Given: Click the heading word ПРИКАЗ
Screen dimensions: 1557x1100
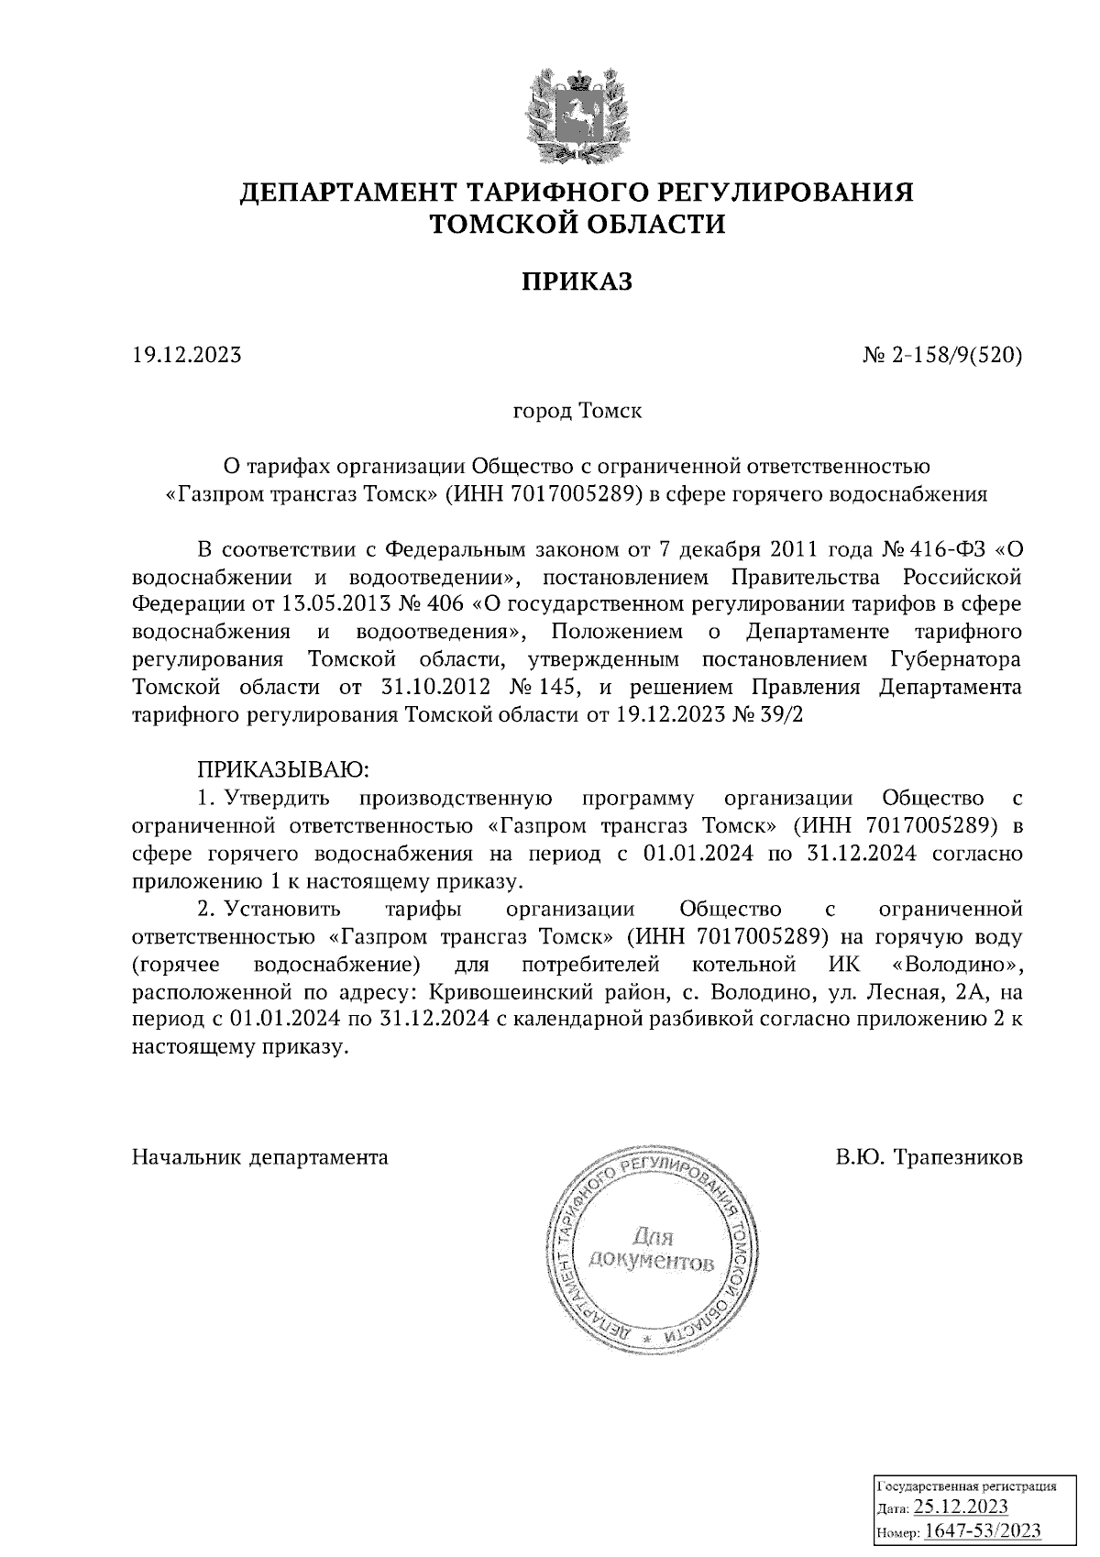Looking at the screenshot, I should (x=577, y=282).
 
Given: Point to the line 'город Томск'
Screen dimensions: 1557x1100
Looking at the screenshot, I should (x=577, y=411).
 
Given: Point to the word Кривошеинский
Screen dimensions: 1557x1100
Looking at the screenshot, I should (x=494, y=992).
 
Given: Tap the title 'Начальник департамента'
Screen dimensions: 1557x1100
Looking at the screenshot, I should (x=260, y=1157).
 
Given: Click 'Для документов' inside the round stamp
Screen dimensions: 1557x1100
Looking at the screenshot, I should (x=651, y=1249).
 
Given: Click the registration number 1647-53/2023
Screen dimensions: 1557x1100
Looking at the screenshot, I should (x=982, y=1530).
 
